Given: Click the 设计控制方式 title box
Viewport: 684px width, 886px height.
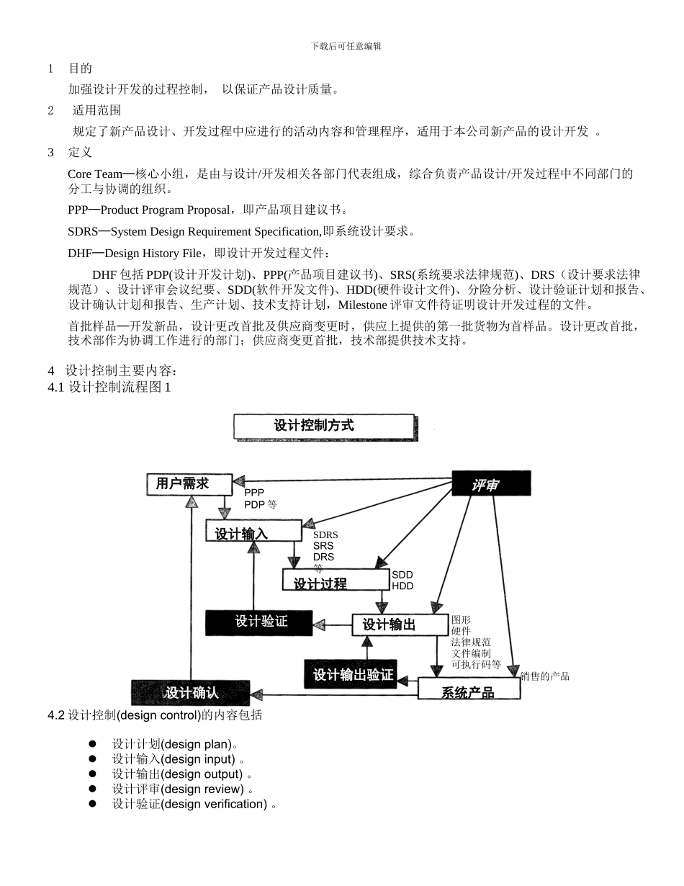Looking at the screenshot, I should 324,426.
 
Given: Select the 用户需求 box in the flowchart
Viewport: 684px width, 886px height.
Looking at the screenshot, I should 189,484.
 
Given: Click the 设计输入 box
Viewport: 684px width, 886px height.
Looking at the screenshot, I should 253,532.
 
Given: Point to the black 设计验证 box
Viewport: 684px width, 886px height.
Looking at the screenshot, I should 259,622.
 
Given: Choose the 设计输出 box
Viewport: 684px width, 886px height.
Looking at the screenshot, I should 400,625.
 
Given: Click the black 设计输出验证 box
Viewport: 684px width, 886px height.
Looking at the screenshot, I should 351,674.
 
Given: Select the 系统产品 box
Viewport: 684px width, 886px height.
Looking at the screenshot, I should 468,690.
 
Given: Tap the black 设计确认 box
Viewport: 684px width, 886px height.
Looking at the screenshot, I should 191,692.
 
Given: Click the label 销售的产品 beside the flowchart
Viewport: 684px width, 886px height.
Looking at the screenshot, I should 545,676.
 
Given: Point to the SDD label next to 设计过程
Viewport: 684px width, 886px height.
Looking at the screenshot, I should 402,575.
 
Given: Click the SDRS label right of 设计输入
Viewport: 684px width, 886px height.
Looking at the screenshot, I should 325,535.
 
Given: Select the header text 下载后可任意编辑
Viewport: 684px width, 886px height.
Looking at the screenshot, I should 346,46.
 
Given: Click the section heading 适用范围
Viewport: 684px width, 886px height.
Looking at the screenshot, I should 96,110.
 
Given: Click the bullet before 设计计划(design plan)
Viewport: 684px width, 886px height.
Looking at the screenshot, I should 92,743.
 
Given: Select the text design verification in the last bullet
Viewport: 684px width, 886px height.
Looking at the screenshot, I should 214,804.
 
